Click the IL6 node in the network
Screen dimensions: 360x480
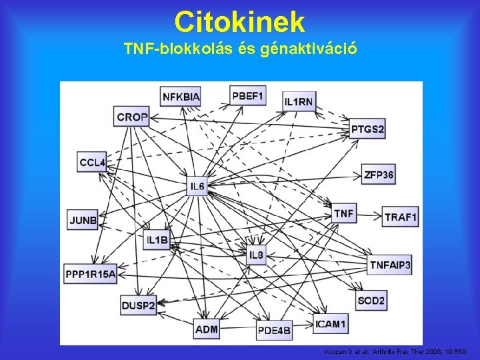click(197, 186)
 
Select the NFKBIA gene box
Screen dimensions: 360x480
click(181, 97)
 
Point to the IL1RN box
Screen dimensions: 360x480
click(299, 101)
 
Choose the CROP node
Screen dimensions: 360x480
click(131, 117)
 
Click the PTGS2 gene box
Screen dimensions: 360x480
click(368, 129)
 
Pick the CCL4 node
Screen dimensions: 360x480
click(92, 162)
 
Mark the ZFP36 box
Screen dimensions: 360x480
click(379, 175)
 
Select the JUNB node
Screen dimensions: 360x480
click(83, 219)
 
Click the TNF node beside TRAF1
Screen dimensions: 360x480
click(344, 213)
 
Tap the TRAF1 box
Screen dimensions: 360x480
click(401, 217)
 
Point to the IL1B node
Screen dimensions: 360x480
click(158, 240)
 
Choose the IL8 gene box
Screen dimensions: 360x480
click(256, 255)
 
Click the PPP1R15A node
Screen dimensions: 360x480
click(91, 273)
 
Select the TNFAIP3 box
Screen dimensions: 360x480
click(390, 265)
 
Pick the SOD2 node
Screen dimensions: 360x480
click(371, 301)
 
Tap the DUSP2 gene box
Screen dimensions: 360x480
click(138, 305)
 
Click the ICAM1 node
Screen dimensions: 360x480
click(331, 324)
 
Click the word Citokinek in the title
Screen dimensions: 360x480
click(239, 22)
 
